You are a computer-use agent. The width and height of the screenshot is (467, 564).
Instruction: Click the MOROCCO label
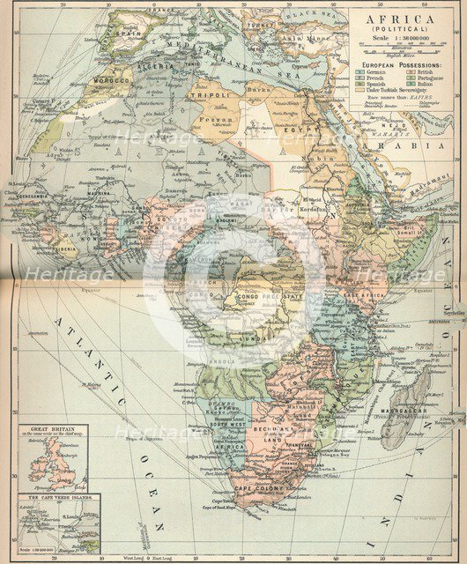coord(112,79)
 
